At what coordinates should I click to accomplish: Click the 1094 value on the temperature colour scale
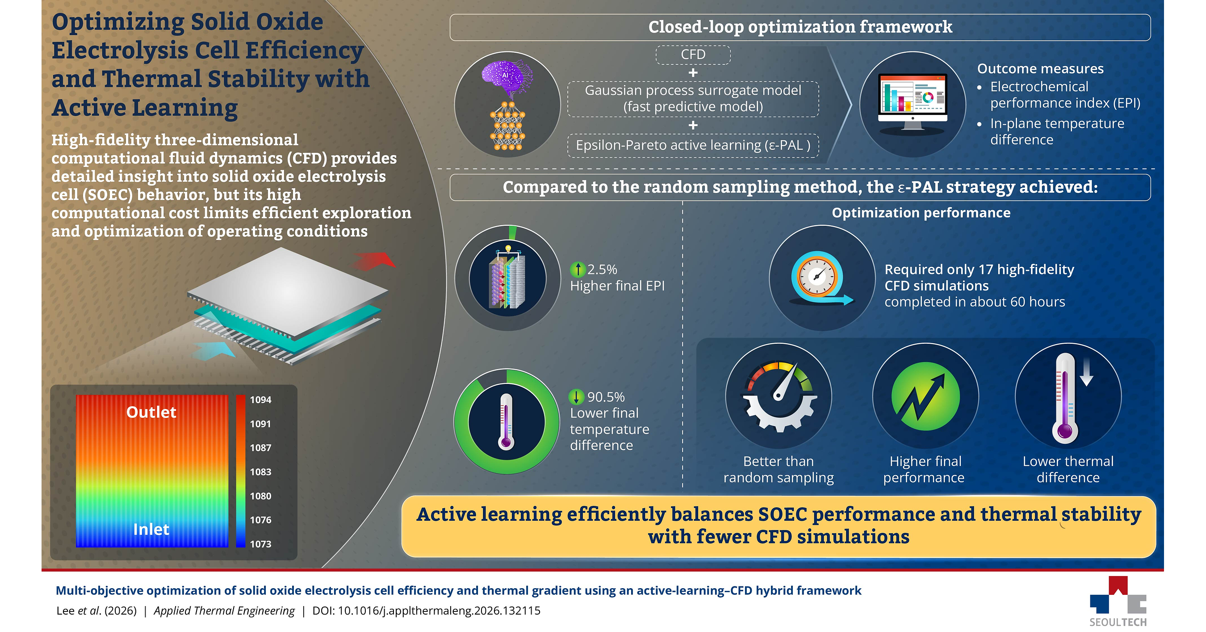tap(260, 400)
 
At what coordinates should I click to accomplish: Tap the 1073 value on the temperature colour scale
tap(260, 544)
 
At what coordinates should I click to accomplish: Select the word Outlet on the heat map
tap(151, 412)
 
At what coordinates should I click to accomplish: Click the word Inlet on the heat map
tap(151, 529)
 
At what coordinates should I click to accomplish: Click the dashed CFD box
tap(693, 55)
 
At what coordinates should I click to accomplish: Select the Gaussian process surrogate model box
tap(693, 98)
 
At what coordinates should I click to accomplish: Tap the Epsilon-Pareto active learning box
tap(693, 145)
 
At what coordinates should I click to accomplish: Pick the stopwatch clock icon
tap(819, 278)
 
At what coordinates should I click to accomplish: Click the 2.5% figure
tap(602, 270)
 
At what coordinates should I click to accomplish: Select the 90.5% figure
tap(606, 397)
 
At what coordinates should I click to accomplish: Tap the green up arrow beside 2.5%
tap(578, 270)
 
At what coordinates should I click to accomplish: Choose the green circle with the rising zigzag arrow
tap(925, 396)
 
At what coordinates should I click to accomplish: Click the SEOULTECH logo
tap(1118, 602)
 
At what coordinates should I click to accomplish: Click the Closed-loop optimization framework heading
tap(800, 27)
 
